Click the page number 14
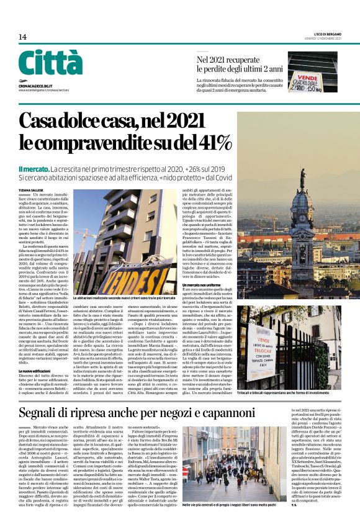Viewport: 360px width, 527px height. click(x=22, y=37)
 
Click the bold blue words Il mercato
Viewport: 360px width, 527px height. click(x=33, y=169)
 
